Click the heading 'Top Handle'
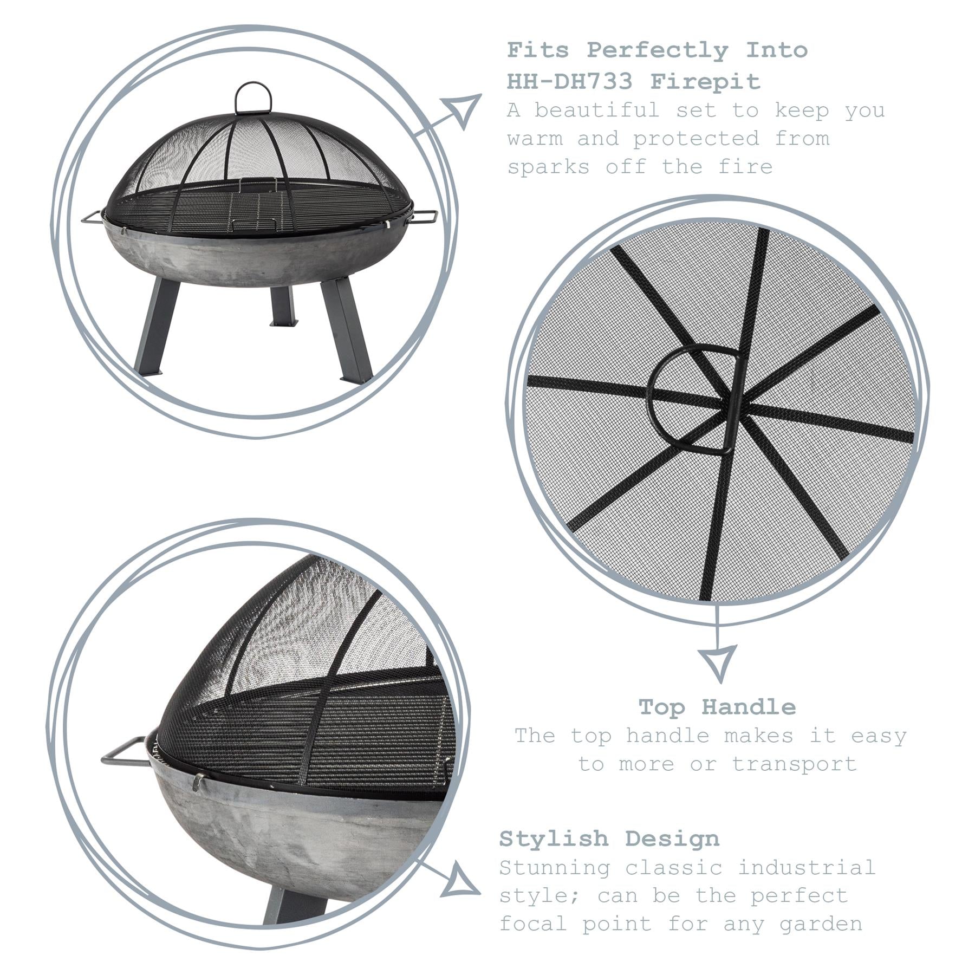(x=717, y=707)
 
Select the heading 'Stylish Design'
(x=609, y=838)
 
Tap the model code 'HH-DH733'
(x=569, y=82)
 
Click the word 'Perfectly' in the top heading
(x=658, y=50)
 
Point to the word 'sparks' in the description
(x=548, y=167)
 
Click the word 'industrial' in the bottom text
(x=806, y=867)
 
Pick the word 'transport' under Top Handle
(x=795, y=764)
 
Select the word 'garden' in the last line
(x=820, y=924)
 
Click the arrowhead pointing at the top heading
(x=461, y=110)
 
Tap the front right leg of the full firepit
(x=347, y=329)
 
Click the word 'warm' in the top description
(x=535, y=139)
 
